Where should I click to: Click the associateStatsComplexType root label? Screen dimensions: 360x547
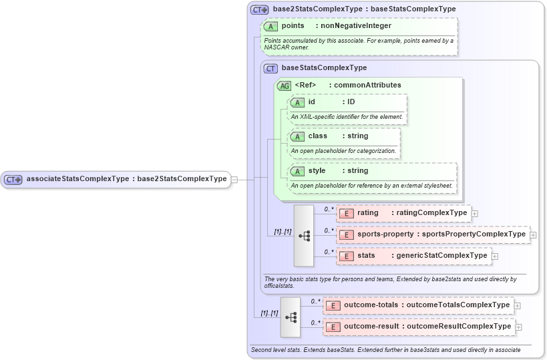coord(126,179)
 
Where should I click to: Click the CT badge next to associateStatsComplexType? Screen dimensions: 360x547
coord(13,179)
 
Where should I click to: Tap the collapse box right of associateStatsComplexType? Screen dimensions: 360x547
coord(234,179)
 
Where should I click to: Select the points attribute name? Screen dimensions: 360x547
coord(293,26)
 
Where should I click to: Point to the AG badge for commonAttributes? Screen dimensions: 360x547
coord(284,85)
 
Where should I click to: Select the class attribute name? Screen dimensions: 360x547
coord(317,136)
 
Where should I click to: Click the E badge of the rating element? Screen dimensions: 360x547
coord(346,213)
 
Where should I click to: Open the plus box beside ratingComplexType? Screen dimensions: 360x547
coord(475,213)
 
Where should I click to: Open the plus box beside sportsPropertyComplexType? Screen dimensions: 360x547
coord(533,234)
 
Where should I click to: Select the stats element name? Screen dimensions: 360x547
coord(366,256)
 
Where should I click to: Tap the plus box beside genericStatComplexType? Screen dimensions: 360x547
coord(495,256)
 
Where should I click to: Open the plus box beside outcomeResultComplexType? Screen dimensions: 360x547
coord(519,327)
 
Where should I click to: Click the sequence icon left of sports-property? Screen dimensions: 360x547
coord(303,235)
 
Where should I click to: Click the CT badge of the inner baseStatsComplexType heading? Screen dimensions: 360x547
coord(270,68)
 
